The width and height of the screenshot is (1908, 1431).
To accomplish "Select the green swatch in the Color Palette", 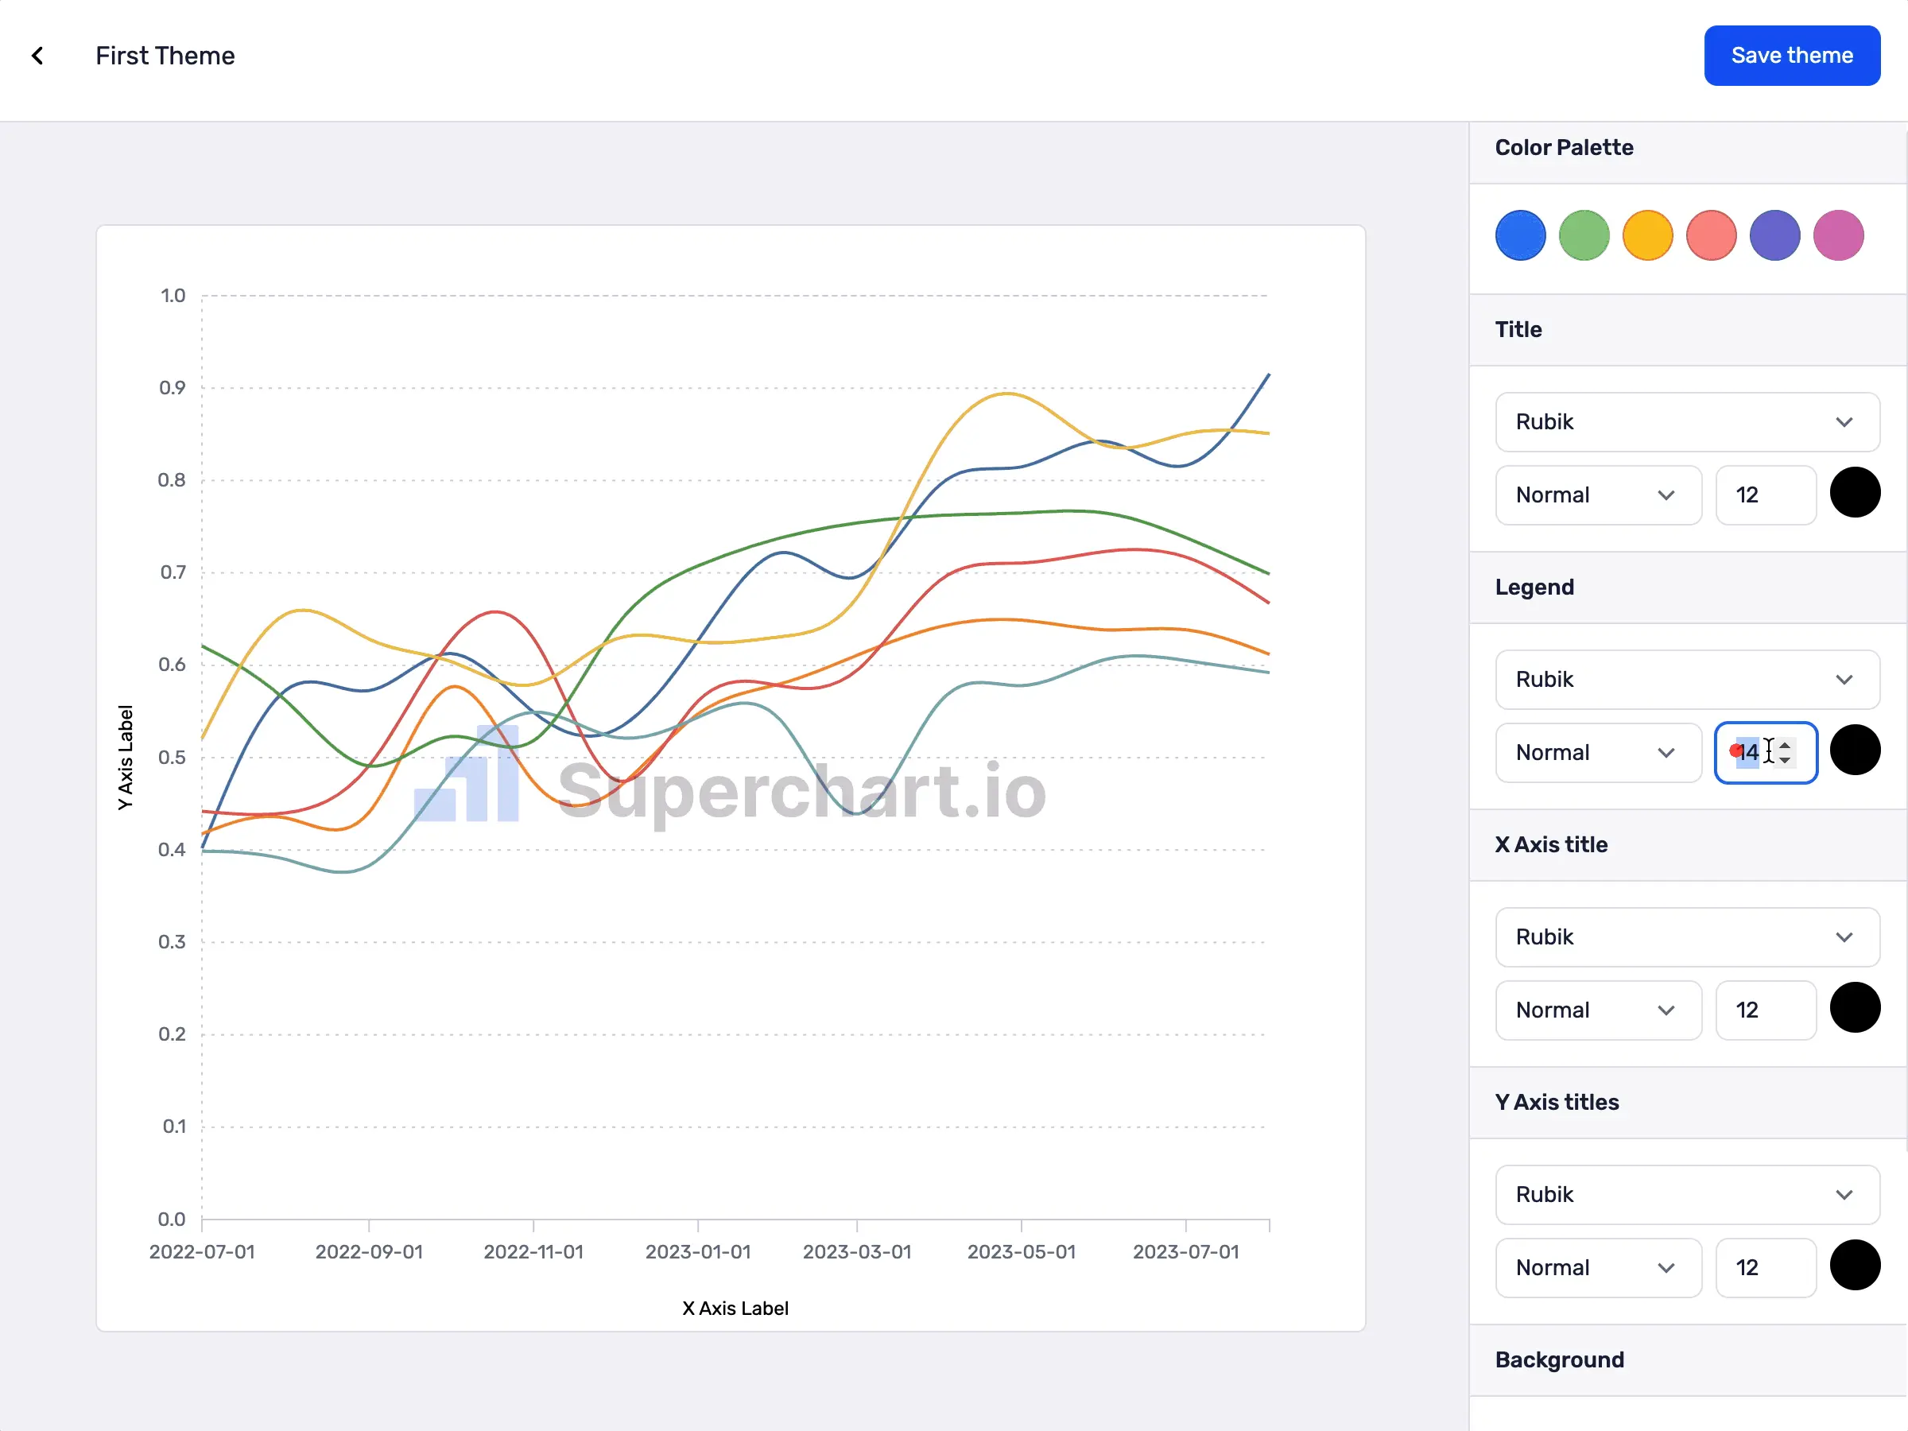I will pos(1584,235).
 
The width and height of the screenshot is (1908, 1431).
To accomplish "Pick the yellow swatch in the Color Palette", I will pos(1647,235).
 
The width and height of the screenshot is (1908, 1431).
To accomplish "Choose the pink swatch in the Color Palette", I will pos(1838,235).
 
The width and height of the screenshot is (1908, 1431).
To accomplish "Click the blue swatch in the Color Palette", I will pos(1520,235).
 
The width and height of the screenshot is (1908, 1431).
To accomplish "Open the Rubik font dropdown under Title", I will pos(1686,422).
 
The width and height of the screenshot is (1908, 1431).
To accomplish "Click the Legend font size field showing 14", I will pos(1755,752).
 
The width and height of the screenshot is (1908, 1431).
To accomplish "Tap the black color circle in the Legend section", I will pos(1855,750).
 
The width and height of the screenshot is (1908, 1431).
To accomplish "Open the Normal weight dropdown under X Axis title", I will pos(1597,1010).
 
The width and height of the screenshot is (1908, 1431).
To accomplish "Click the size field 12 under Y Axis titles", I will pos(1765,1267).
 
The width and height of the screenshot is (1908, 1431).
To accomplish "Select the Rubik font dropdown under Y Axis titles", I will pos(1686,1195).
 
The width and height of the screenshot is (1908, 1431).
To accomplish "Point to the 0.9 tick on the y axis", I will pos(173,388).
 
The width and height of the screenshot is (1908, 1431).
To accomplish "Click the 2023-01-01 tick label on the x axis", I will pos(698,1251).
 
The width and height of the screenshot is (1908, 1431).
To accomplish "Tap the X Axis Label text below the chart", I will pos(735,1309).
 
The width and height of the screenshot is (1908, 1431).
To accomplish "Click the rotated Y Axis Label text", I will pos(126,758).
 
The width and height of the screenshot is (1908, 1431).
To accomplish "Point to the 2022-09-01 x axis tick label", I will pos(369,1251).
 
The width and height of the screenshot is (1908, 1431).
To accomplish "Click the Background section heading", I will pos(1559,1360).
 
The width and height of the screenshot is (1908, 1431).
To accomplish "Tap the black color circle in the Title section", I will pos(1855,493).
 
